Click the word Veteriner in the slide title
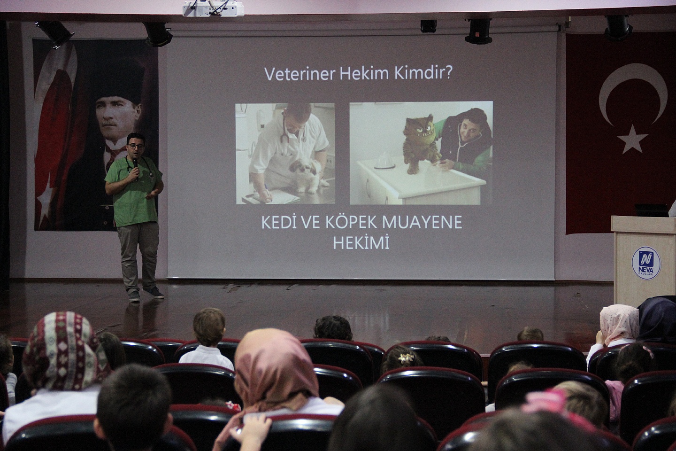300,74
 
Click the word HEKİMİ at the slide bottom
361,243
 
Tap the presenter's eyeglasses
136,146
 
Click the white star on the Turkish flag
632,140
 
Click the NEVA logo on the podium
646,263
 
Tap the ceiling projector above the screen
213,8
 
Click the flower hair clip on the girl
405,358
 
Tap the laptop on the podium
652,210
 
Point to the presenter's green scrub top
133,191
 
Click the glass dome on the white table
384,162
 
